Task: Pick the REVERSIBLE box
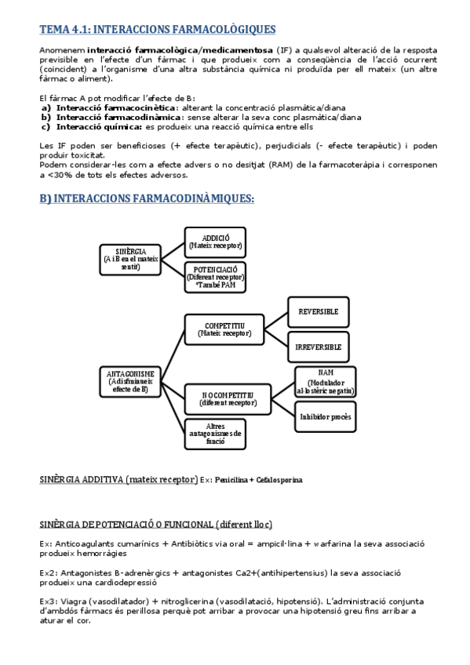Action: pos(319,312)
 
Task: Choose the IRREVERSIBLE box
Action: pos(319,346)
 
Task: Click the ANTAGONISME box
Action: pos(129,381)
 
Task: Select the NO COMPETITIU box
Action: pos(225,398)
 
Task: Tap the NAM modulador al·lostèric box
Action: pos(325,381)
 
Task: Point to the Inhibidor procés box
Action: pos(325,416)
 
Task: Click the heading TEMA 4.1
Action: pos(157,30)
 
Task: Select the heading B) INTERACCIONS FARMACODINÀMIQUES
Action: pos(147,199)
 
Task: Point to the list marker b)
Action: pos(46,117)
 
